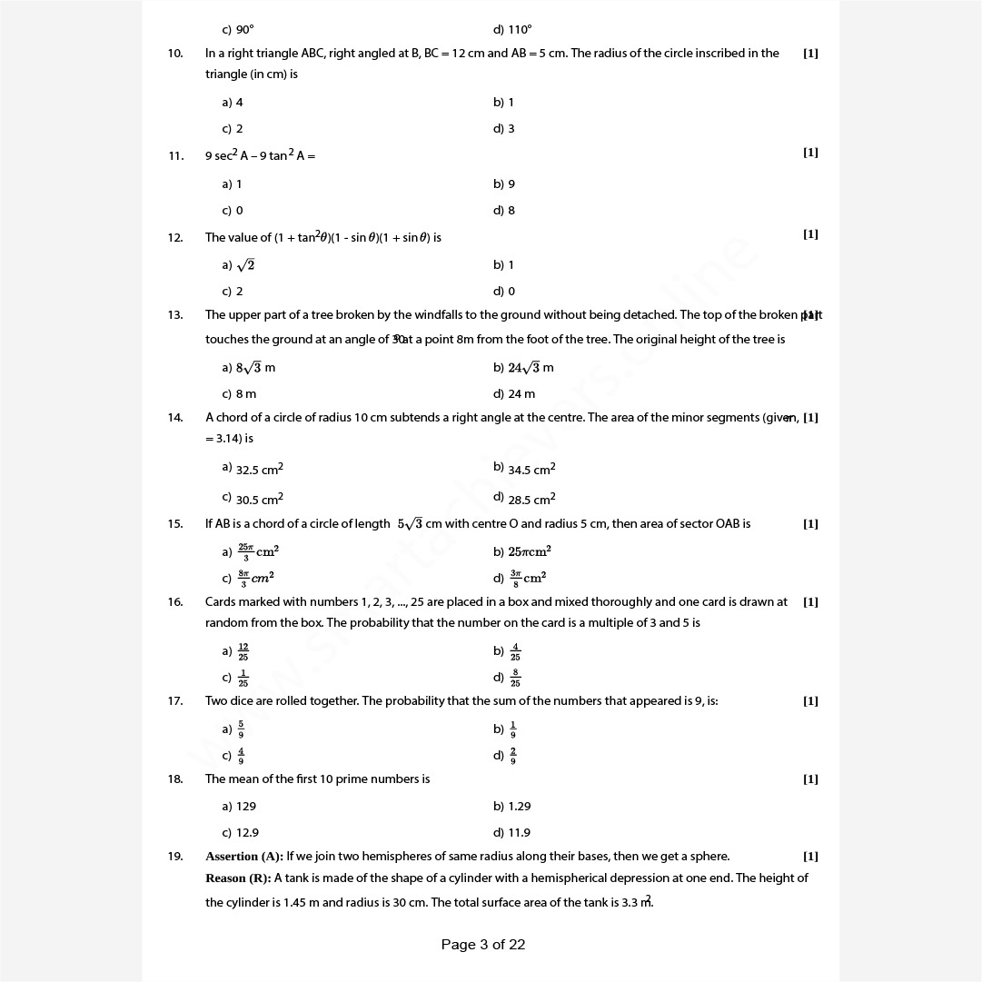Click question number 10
pos(175,54)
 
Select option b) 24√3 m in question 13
pos(523,368)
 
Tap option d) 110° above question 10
pos(512,30)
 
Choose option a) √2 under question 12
pos(238,265)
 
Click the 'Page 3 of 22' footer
pos(483,945)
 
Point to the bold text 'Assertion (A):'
pos(244,857)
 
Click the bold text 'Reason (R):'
pos(238,878)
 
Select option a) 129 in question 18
pos(239,807)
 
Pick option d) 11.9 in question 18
pos(512,833)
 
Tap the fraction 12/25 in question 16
pos(243,651)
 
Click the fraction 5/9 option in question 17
pos(241,729)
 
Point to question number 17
pos(175,701)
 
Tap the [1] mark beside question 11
pos(810,153)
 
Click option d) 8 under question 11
pos(504,211)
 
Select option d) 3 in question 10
pos(504,129)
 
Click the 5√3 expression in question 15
pos(410,524)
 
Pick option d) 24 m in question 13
pos(514,394)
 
